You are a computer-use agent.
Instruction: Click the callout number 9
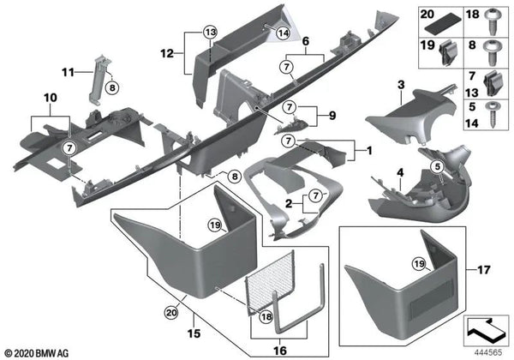click(x=322, y=114)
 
